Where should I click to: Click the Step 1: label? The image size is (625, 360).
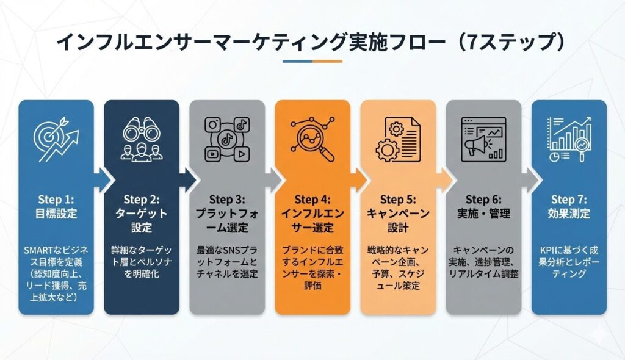(x=56, y=200)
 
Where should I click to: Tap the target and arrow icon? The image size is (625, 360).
(x=56, y=139)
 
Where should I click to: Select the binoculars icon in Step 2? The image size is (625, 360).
(x=142, y=139)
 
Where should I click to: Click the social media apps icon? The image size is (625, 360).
(x=227, y=139)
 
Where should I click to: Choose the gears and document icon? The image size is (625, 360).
(x=398, y=139)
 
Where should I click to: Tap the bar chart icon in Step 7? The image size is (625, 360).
(x=569, y=139)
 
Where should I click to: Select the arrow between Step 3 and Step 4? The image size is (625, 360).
(x=274, y=180)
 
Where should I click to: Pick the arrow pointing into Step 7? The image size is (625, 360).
(x=530, y=180)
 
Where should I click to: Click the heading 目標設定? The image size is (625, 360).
(x=56, y=214)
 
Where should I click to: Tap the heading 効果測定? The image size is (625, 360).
(x=569, y=214)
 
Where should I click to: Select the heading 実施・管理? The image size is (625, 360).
(x=483, y=214)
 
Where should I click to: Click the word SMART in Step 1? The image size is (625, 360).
(x=38, y=250)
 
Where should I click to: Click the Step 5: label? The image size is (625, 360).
(x=398, y=200)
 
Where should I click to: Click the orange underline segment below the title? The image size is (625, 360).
(x=327, y=62)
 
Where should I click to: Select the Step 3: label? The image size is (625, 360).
(x=227, y=200)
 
